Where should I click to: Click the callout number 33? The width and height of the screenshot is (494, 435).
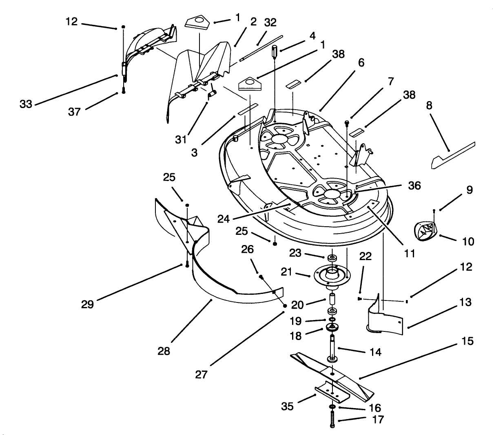click(x=26, y=104)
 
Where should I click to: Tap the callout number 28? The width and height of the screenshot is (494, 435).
click(x=164, y=350)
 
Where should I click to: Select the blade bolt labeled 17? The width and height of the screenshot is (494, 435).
click(x=332, y=420)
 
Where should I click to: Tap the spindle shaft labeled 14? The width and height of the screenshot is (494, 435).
click(x=332, y=347)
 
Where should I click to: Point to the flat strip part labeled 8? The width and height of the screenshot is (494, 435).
click(x=453, y=156)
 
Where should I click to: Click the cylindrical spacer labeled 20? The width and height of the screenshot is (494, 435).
click(x=332, y=298)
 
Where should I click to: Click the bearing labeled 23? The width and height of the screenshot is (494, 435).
click(x=331, y=258)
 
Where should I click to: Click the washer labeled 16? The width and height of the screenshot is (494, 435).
click(x=332, y=407)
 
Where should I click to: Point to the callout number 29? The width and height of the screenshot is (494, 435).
click(x=87, y=304)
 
